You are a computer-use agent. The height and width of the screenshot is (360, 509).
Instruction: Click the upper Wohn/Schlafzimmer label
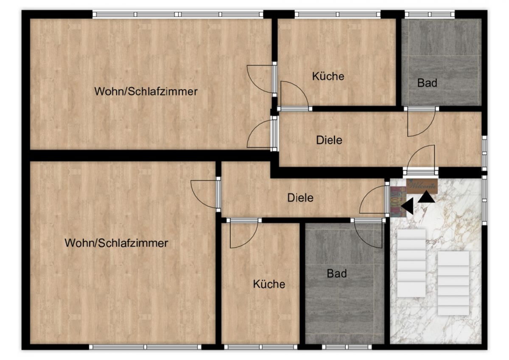[x=146, y=91]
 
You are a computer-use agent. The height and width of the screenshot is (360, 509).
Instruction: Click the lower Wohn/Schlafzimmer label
[x=116, y=243]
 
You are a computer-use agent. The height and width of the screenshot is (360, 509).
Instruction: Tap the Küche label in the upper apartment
[x=328, y=76]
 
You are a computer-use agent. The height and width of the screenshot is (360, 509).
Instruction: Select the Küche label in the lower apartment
[x=269, y=284]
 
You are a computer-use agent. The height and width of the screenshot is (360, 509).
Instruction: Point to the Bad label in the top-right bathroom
[x=427, y=83]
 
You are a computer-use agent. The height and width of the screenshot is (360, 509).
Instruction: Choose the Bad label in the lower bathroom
[x=337, y=273]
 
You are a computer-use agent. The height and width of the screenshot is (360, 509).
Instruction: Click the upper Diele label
[x=329, y=140]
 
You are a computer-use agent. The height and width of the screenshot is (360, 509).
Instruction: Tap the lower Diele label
[x=300, y=198]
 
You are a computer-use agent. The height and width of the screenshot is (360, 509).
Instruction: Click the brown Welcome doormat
[x=422, y=186]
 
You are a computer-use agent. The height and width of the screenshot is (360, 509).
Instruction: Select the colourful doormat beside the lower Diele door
[x=398, y=202]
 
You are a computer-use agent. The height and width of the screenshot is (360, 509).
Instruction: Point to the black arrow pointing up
[x=426, y=197]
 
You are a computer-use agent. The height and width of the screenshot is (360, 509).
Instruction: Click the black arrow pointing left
[x=407, y=206]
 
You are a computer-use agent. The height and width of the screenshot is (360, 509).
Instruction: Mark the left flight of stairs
[x=411, y=263]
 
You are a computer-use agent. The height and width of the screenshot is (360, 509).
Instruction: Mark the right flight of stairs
[x=453, y=283]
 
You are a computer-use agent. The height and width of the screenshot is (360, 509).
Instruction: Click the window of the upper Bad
[x=430, y=14]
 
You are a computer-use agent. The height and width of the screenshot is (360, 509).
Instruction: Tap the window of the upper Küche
[x=338, y=14]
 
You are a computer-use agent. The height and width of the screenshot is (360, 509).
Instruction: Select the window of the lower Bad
[x=347, y=347]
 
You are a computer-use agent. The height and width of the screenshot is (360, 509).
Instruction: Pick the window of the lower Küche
[x=261, y=347]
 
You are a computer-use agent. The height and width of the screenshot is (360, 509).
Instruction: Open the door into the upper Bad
[x=421, y=122]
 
